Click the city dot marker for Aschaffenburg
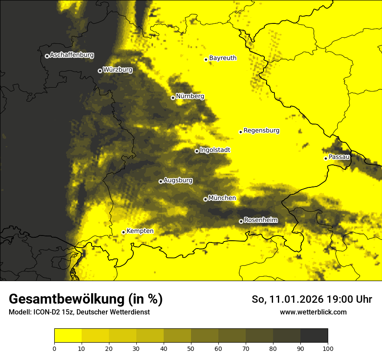[x=47, y=56]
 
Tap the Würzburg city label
[x=118, y=70]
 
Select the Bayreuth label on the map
[x=223, y=58]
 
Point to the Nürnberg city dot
[x=173, y=98]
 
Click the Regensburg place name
[x=261, y=131]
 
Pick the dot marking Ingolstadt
[x=197, y=151]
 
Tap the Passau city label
[x=339, y=157]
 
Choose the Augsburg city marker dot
[x=161, y=181]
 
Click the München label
[x=222, y=198]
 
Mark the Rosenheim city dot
[x=241, y=221]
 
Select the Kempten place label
[x=140, y=231]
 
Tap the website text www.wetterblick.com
[x=313, y=312]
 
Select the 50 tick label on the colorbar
[x=191, y=348]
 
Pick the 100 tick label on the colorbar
[x=327, y=348]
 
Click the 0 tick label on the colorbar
[x=54, y=348]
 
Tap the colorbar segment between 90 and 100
[x=314, y=336]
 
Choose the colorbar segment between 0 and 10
[x=68, y=336]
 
